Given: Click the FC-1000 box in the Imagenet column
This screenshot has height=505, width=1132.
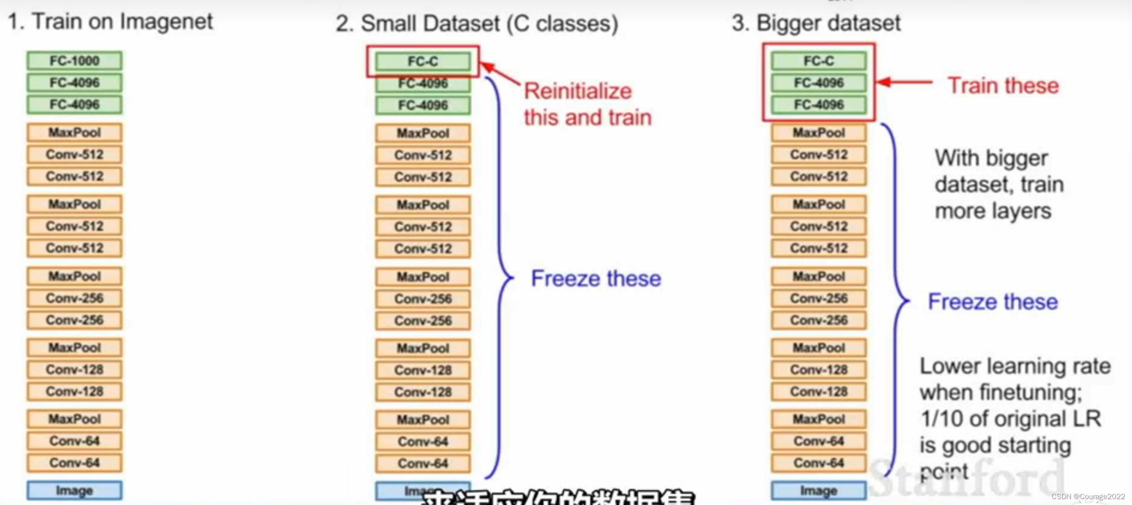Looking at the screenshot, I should tap(74, 61).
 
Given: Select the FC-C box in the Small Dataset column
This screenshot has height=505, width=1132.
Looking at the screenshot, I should tap(423, 61).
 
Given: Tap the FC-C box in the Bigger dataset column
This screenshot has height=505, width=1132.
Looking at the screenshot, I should tap(819, 61).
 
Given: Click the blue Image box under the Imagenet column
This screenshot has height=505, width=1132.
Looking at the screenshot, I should tap(74, 491).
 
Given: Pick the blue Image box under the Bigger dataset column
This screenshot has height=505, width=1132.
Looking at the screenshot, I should tap(819, 491).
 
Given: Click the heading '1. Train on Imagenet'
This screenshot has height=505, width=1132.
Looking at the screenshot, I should tap(111, 22).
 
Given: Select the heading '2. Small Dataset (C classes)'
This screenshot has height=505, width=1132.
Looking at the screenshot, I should tap(477, 23).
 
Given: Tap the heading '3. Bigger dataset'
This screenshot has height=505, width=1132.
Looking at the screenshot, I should tap(816, 23).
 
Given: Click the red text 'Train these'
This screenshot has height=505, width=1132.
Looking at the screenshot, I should tap(1003, 85).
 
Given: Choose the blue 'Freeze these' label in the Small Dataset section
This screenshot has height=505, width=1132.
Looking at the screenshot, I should tap(596, 279).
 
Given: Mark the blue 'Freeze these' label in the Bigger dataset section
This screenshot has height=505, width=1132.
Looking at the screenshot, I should tap(993, 301).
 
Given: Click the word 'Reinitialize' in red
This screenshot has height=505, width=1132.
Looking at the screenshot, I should tap(578, 91).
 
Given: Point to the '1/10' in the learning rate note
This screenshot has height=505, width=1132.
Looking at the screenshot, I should tap(942, 419).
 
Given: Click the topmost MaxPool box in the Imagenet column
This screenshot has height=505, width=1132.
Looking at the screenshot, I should tap(74, 133).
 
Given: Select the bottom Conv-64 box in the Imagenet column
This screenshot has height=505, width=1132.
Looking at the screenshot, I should tap(74, 463).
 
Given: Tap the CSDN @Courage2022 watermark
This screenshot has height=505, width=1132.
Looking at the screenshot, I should tap(1088, 496).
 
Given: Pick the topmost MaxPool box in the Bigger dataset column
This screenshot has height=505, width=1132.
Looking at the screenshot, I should tap(819, 133).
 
